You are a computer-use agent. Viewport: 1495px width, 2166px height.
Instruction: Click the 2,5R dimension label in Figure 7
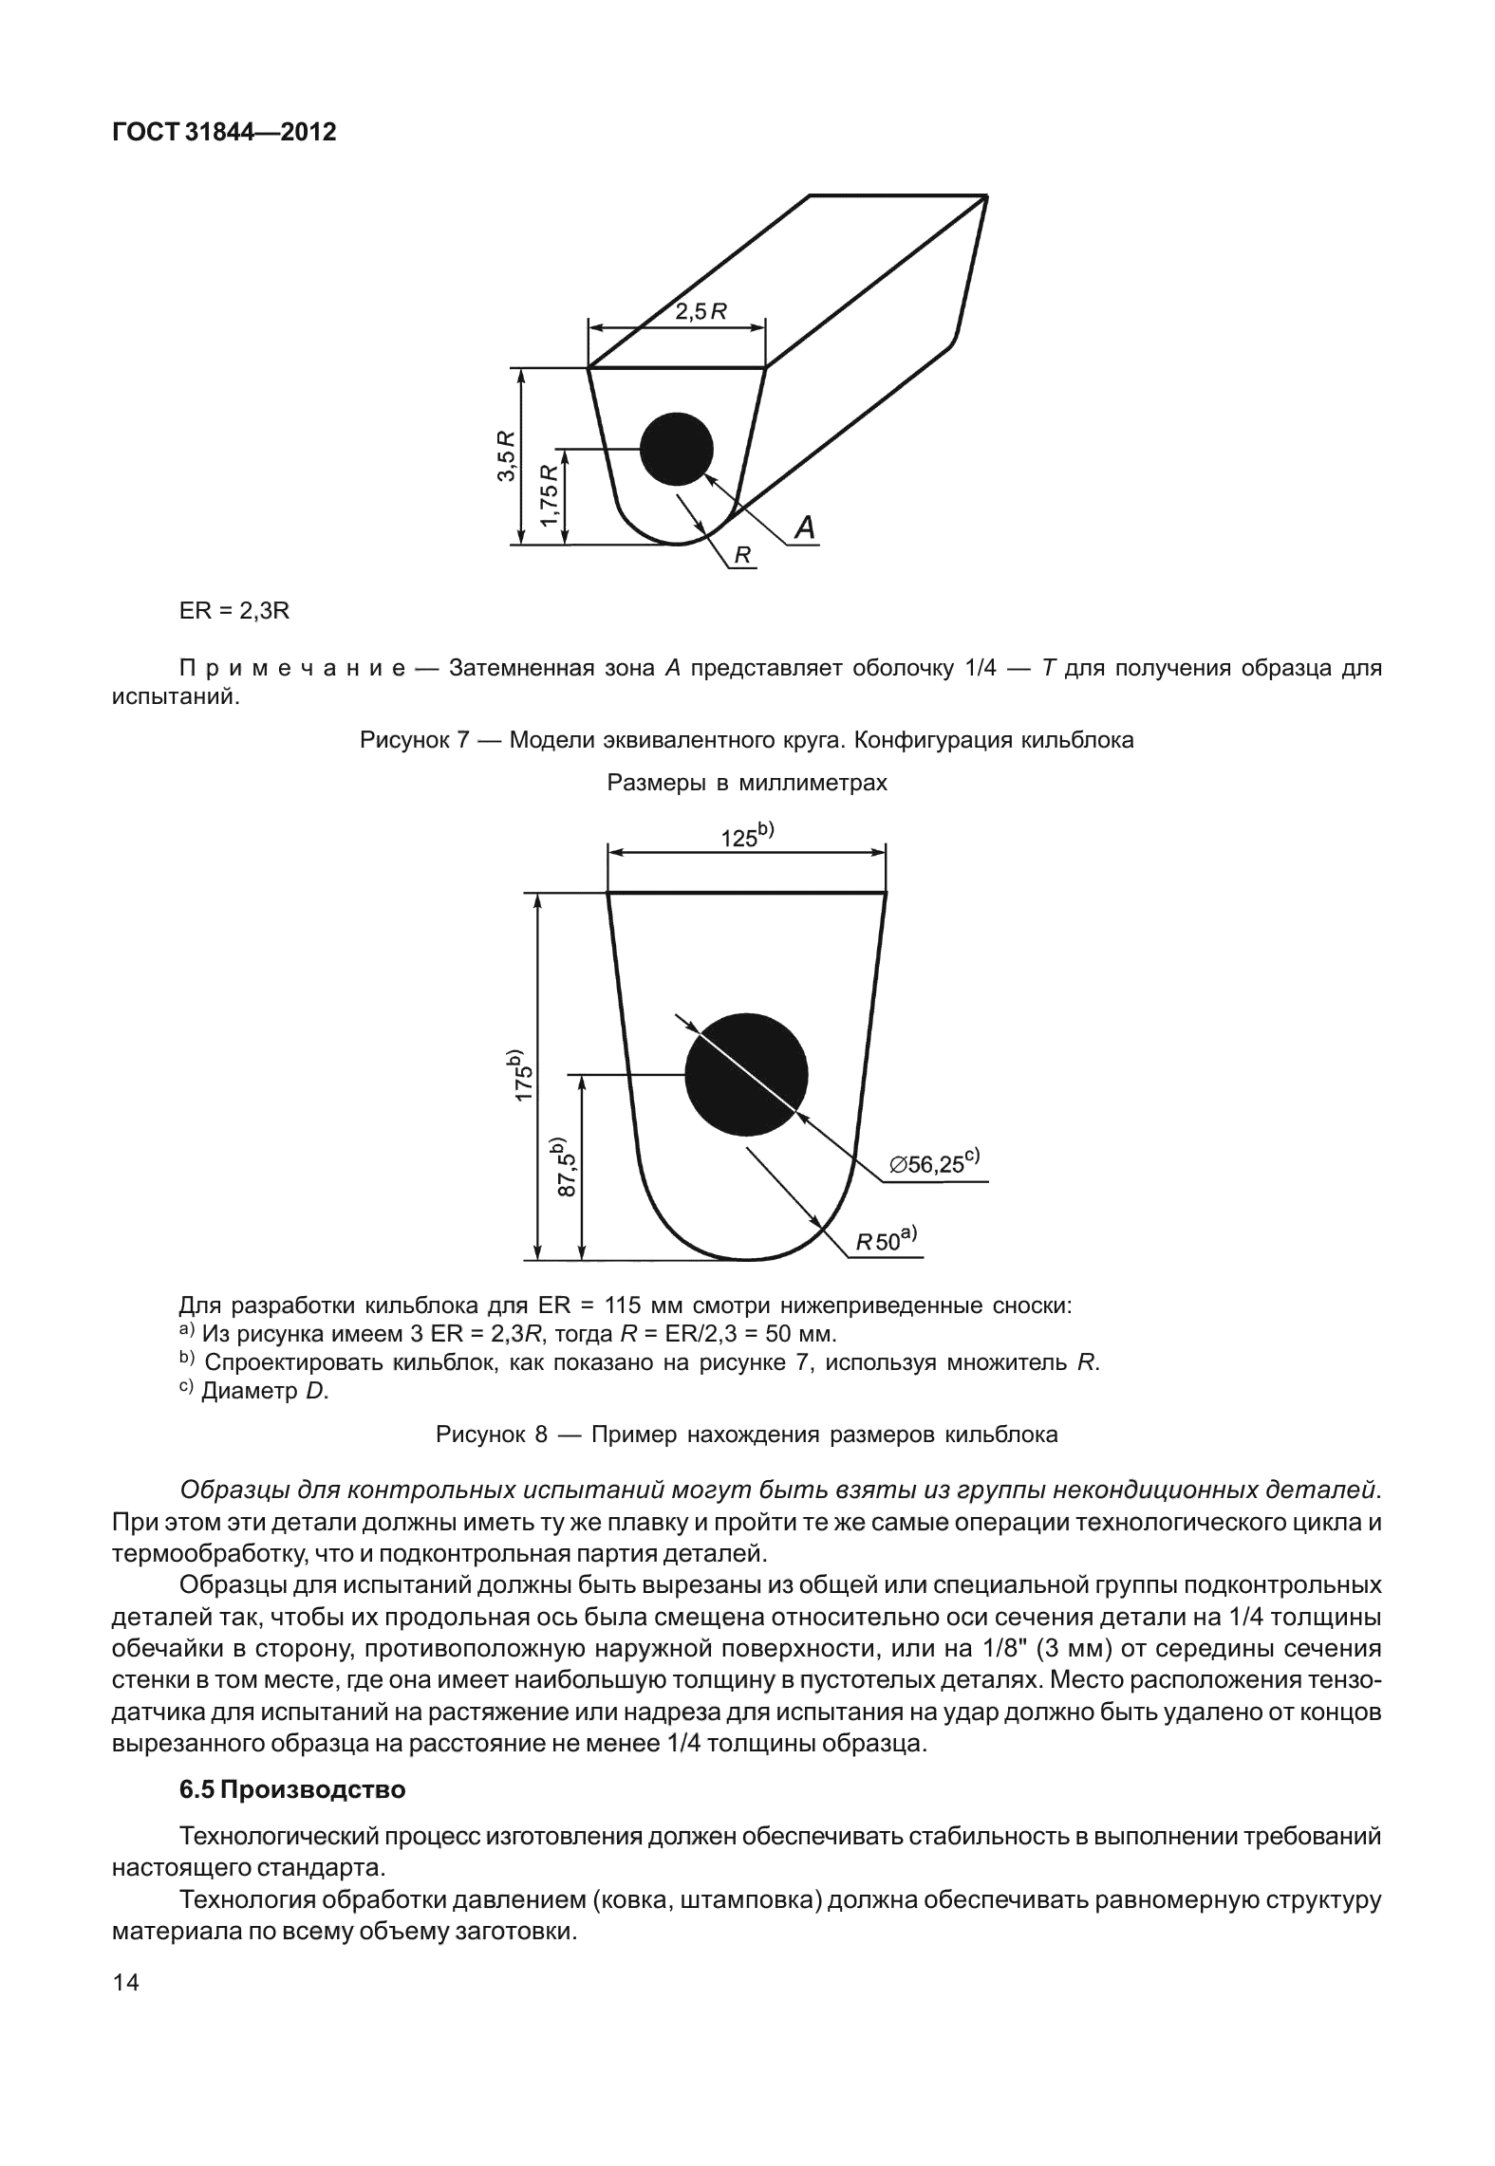pos(701,311)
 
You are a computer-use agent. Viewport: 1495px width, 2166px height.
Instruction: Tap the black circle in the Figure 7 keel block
pos(676,449)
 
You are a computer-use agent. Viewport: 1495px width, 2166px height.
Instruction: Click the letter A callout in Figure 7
pos(804,528)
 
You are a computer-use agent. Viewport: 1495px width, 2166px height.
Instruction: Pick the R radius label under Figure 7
pos(744,556)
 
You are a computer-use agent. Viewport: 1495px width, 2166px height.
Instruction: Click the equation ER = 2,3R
pos(234,611)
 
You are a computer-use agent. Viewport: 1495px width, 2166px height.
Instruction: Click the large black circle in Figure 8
pos(746,1075)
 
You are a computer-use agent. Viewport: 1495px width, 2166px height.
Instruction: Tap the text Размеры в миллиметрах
pos(747,783)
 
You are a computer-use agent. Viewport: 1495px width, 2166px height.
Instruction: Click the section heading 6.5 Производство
pos(292,1790)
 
